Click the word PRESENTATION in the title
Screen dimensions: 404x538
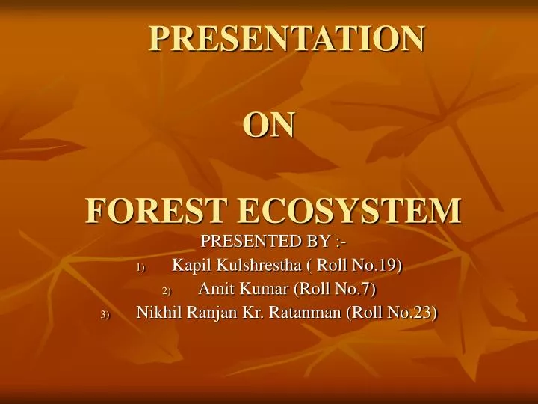287,38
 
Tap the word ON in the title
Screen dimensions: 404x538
269,125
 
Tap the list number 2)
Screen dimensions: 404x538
167,291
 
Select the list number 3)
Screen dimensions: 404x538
105,315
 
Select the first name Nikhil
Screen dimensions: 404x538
159,313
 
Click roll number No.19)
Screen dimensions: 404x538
380,265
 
